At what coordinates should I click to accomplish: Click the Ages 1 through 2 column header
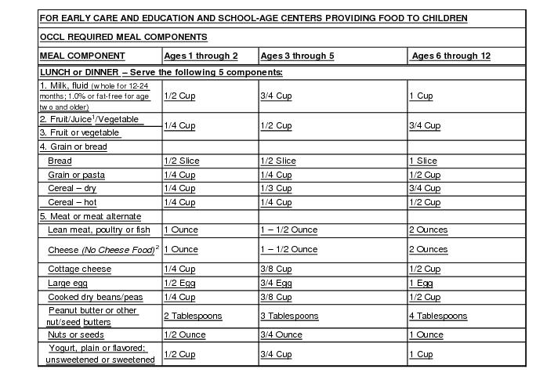201,56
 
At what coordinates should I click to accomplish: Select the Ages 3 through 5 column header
297,56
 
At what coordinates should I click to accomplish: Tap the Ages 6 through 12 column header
451,56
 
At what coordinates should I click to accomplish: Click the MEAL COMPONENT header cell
81,56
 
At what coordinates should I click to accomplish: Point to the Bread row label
60,161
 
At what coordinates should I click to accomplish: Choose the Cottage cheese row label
79,269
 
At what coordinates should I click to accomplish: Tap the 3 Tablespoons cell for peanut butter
289,316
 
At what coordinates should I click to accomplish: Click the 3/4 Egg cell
276,283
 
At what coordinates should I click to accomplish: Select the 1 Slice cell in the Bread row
423,161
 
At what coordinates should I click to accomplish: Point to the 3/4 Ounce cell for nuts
281,335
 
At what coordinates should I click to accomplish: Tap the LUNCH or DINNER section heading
161,72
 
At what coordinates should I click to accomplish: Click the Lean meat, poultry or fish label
99,230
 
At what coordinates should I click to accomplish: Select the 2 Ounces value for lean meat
428,230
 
